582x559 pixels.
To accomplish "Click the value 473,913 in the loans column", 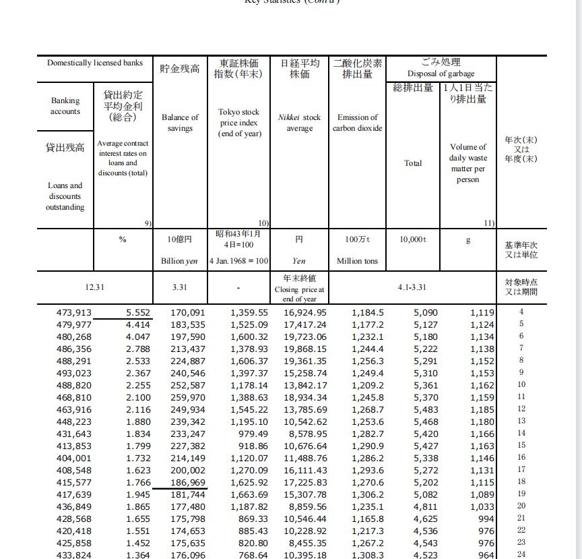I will [73, 312].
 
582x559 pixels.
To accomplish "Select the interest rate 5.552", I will [138, 312].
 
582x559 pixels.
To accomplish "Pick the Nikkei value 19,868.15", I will [305, 349].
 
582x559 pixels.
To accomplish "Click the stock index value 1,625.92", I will [249, 482].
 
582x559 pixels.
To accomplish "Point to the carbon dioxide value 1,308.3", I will [368, 555].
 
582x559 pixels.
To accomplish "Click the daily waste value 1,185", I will [482, 409].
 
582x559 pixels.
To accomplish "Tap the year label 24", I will [521, 554].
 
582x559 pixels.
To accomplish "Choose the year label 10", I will [521, 384].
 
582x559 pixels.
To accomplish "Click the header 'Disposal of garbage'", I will [441, 73].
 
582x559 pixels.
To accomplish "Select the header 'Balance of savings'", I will [180, 122].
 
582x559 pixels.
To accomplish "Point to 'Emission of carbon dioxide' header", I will [357, 122].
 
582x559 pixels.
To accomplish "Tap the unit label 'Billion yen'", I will [179, 261].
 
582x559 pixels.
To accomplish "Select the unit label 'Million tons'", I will [357, 261].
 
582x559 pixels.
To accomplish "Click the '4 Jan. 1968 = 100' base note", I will [239, 261].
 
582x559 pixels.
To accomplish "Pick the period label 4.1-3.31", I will [414, 287].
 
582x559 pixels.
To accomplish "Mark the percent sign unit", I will [123, 239].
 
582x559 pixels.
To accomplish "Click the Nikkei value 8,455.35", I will [305, 543].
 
